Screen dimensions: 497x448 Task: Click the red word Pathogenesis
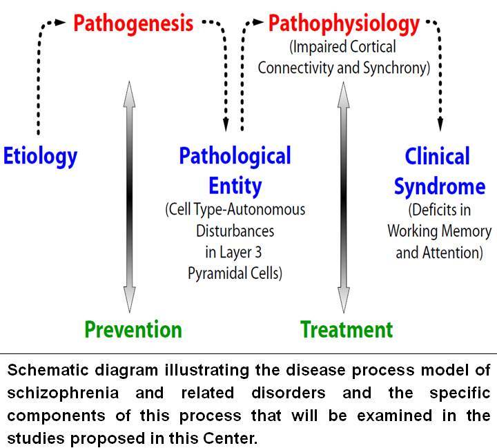coord(133,23)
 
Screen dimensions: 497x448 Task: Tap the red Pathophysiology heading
coord(344,24)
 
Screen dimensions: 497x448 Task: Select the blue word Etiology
coord(40,157)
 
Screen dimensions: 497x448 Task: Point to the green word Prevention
coord(133,330)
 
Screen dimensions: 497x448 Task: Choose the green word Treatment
coord(347,329)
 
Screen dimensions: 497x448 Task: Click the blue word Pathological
coord(235,156)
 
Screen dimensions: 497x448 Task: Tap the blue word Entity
coord(235,186)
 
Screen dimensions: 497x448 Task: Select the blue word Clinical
coord(438,156)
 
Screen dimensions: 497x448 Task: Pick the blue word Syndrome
coord(440,186)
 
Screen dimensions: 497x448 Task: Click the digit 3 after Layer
coord(258,253)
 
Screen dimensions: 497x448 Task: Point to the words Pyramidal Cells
coord(235,273)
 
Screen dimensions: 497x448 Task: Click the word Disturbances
coord(235,231)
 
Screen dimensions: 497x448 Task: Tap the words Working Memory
coord(439,231)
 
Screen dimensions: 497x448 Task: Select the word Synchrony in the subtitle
coord(396,68)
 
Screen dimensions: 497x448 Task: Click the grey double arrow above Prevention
coord(129,197)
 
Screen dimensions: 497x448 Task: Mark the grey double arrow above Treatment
coord(344,197)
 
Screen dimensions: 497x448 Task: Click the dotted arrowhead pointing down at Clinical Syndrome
coord(440,124)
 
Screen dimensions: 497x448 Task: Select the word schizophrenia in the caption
coord(63,393)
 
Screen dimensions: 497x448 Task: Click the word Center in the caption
coord(230,438)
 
